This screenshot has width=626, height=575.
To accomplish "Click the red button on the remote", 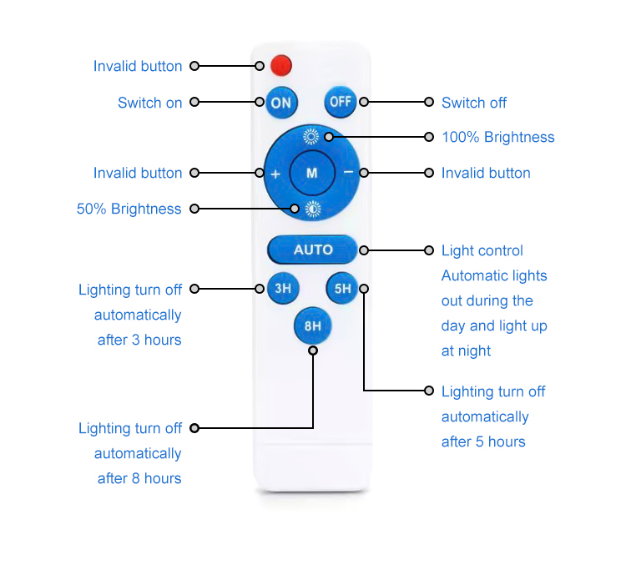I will click(281, 64).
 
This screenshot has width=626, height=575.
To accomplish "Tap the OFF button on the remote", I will click(341, 102).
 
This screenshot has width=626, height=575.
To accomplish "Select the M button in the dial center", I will click(312, 173).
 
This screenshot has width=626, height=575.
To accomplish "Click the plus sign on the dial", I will click(275, 174).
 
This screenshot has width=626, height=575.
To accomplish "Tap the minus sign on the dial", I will click(348, 173).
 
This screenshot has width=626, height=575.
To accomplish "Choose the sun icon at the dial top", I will click(310, 136).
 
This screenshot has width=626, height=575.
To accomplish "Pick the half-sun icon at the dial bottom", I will click(311, 209).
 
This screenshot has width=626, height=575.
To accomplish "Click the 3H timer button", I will click(282, 289).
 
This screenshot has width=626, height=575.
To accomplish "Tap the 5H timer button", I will click(342, 289).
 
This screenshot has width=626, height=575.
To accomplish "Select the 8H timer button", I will click(312, 326).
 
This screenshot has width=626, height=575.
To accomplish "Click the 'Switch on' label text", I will click(149, 103).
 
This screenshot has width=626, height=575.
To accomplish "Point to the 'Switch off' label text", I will click(474, 103).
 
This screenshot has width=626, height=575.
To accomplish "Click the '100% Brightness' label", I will click(497, 137).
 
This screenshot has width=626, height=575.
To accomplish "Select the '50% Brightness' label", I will click(129, 209).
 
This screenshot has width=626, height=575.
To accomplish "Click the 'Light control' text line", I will click(482, 250).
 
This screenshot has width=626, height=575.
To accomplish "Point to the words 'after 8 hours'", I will click(139, 478).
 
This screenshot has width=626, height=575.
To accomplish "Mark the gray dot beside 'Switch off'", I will click(429, 102).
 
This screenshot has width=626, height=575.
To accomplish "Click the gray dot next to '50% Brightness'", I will click(194, 209).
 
